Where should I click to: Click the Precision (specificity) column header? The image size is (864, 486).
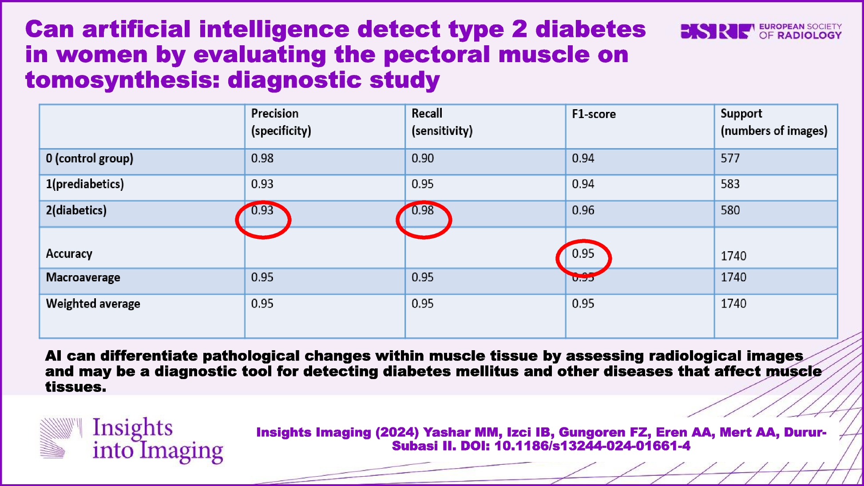click(281, 122)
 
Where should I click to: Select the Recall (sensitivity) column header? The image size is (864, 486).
click(442, 122)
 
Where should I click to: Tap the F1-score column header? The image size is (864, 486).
click(594, 114)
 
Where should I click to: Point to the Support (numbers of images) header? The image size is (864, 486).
click(773, 122)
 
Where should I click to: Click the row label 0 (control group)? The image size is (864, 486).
click(89, 158)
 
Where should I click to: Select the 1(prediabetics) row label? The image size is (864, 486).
click(85, 184)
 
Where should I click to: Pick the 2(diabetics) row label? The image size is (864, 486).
click(76, 210)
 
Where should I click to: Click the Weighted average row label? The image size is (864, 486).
click(93, 304)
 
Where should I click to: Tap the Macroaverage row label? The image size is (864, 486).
click(83, 277)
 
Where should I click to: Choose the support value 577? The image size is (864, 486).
click(730, 158)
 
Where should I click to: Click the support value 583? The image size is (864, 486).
click(730, 184)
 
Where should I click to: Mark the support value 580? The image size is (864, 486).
click(730, 210)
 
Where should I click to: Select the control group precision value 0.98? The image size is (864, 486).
click(262, 158)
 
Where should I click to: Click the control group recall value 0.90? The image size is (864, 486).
click(422, 158)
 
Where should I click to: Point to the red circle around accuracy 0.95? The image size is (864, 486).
click(583, 258)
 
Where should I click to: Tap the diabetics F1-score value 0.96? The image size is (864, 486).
click(583, 210)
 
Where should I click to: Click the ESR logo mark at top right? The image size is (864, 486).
click(717, 31)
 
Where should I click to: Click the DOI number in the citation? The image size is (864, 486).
click(592, 446)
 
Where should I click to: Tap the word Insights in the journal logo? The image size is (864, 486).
click(132, 427)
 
